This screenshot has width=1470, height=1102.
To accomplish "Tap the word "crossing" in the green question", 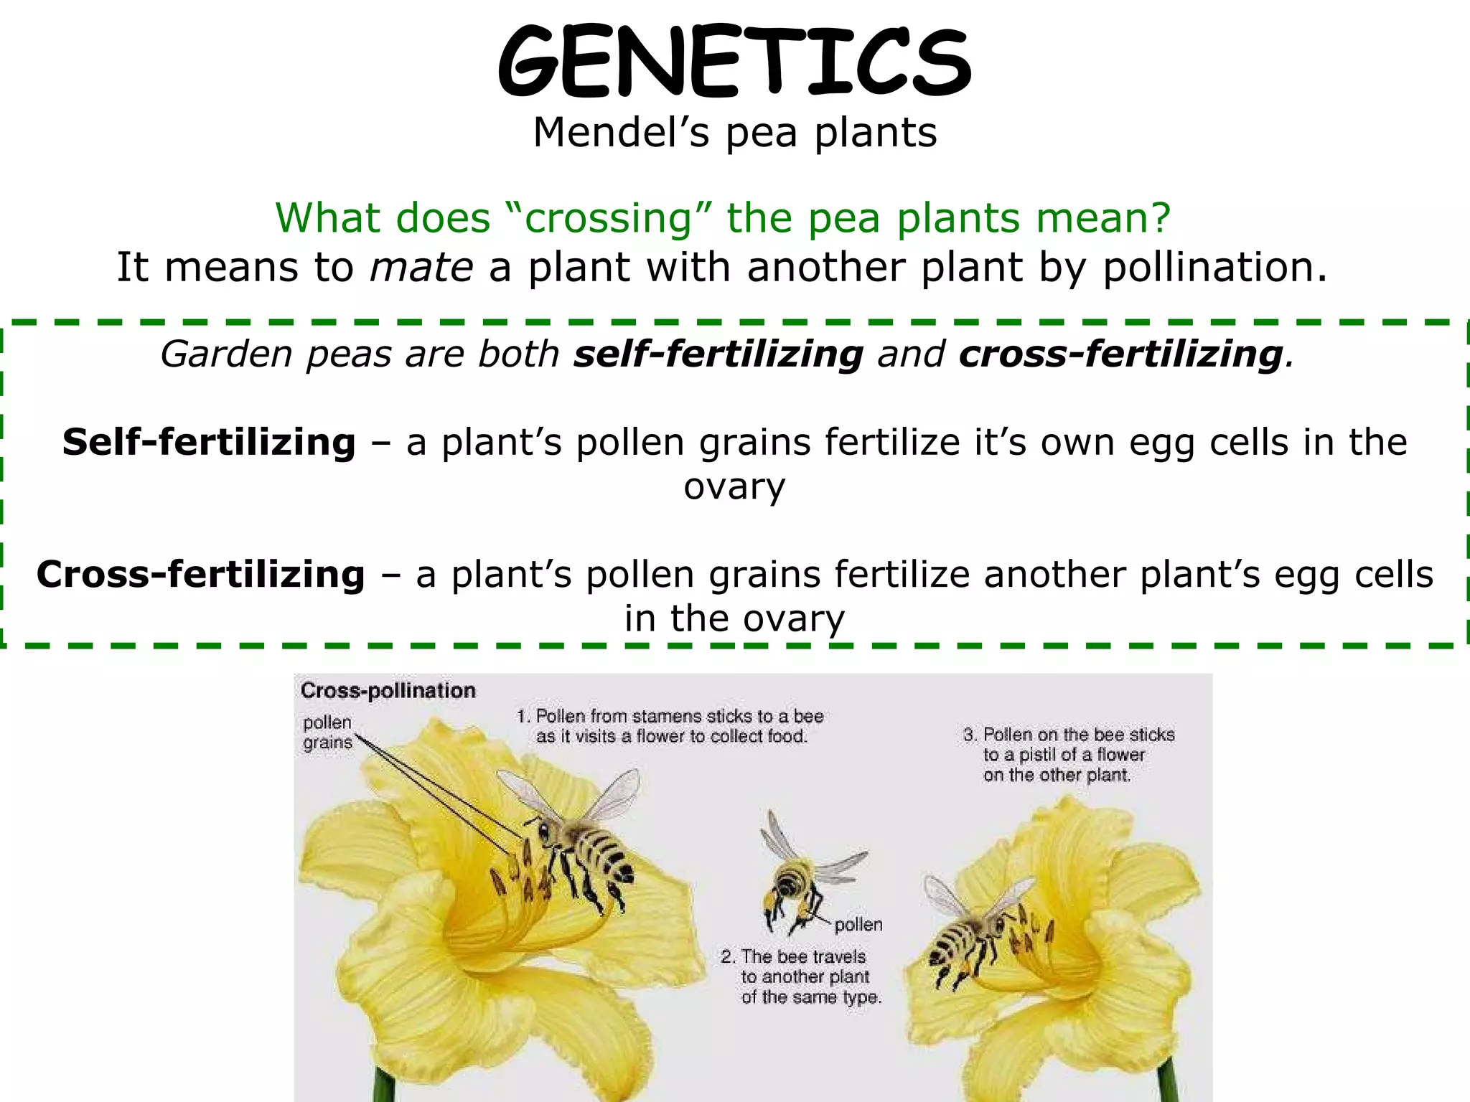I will (x=609, y=218).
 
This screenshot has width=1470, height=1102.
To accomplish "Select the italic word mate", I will (x=421, y=268).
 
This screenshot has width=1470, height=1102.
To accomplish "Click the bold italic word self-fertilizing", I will (x=718, y=354).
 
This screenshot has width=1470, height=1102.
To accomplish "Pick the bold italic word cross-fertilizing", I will (x=1120, y=354).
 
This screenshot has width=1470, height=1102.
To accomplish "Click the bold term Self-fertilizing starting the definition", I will (x=209, y=442).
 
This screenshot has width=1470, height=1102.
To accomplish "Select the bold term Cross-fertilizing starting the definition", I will (x=201, y=575).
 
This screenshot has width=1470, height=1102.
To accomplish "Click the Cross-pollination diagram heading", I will (x=388, y=691).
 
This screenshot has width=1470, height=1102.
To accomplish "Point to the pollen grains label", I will (x=328, y=733).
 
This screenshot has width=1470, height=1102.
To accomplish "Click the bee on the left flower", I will (x=581, y=847).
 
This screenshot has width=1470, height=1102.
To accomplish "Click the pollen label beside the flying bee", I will (x=858, y=925).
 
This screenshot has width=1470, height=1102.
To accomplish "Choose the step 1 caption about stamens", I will (x=670, y=726).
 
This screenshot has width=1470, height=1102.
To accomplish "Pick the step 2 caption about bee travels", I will (x=802, y=976).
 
